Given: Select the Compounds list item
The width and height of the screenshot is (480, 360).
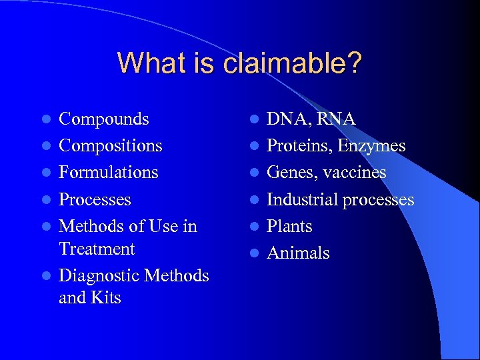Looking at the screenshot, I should [103, 119].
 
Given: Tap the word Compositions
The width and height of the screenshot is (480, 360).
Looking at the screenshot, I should [110, 146].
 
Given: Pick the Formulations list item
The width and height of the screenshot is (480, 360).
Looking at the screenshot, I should [108, 173].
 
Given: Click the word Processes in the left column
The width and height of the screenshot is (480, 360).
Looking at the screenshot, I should [95, 199].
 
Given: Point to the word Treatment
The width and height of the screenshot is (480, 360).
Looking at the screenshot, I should [97, 249].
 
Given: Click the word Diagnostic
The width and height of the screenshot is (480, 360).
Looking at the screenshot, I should [99, 275].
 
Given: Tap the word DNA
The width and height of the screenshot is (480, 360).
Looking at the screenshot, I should [288, 119].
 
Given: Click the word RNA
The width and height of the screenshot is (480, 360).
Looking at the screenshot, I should [336, 119].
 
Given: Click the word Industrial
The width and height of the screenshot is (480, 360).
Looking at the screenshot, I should [302, 199].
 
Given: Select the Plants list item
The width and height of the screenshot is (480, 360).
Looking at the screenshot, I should [289, 226].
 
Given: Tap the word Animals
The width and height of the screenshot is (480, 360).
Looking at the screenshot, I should [298, 253].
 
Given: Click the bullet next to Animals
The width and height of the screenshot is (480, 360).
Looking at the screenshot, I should [255, 253].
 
